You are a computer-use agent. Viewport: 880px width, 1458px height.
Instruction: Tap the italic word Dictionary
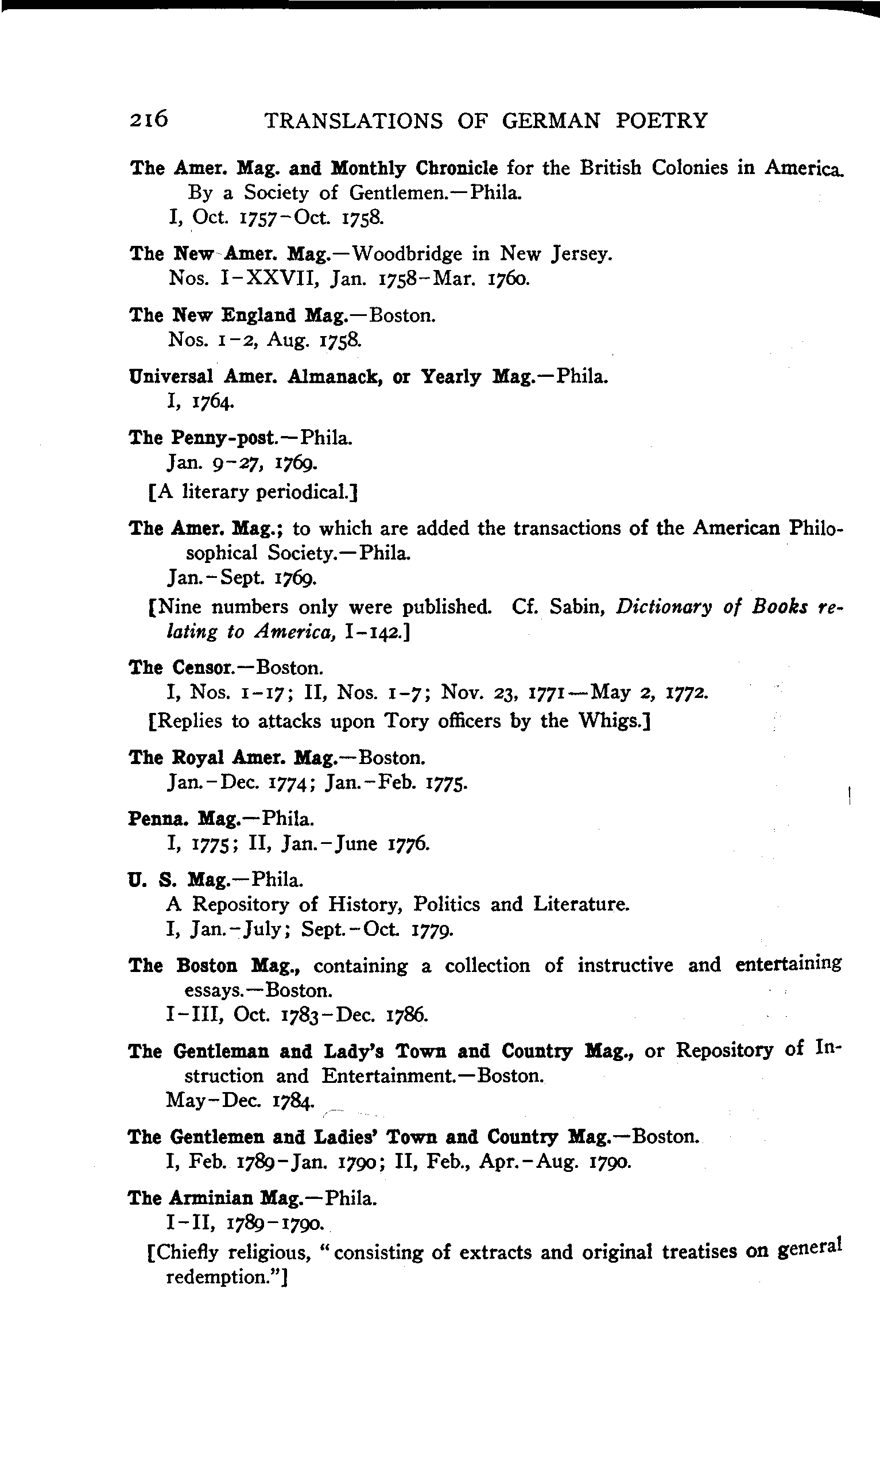[664, 608]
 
